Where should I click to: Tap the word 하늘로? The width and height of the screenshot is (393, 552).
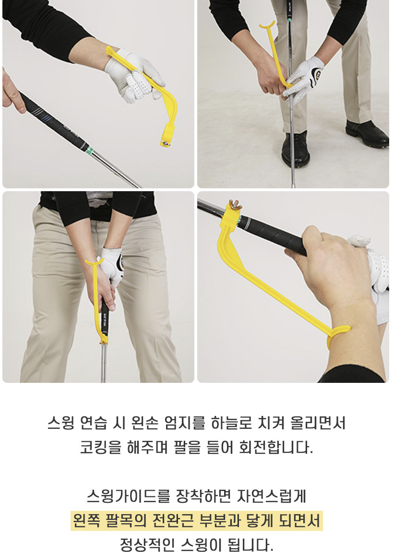click(231, 423)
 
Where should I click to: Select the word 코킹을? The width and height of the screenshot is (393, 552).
click(100, 448)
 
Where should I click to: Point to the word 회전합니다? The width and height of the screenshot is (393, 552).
click(276, 448)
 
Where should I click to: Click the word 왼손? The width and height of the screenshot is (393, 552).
click(144, 423)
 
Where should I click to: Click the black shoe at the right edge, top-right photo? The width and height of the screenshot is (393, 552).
click(367, 133)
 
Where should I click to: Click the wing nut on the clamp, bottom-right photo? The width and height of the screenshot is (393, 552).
click(233, 205)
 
